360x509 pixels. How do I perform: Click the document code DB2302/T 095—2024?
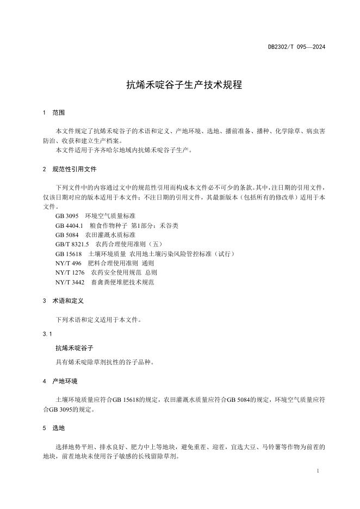pos(296,47)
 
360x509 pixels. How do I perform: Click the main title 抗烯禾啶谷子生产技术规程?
pos(179,85)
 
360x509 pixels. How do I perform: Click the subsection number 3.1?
pos(47,333)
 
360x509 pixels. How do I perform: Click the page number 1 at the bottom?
pos(317,471)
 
